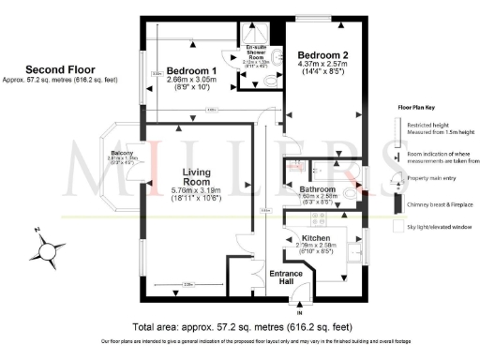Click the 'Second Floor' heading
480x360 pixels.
coord(57,69)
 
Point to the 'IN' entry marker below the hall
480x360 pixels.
coord(300,312)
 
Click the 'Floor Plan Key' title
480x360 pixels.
coord(417,109)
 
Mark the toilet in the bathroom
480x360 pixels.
coord(351,194)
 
